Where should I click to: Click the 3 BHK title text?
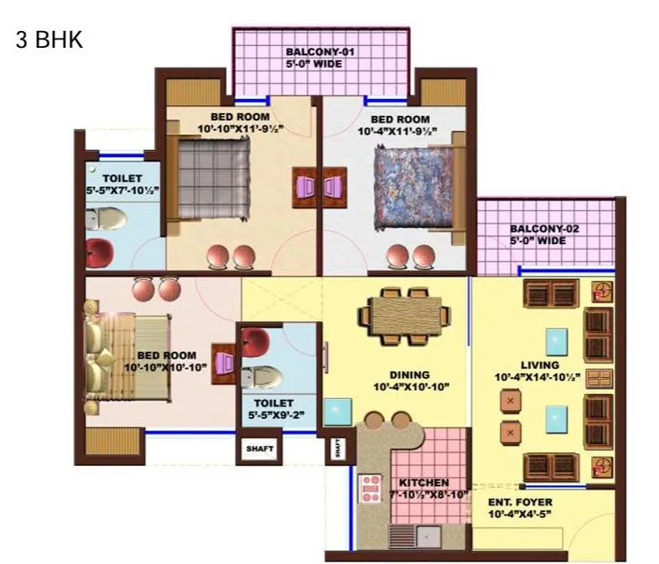[x=49, y=39]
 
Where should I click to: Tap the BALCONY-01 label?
[x=321, y=52]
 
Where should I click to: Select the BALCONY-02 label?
[x=544, y=229]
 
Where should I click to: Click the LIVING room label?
[x=538, y=365]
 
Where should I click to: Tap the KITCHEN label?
[x=424, y=484]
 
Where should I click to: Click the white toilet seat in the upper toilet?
[x=108, y=220]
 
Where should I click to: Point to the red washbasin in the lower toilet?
[x=255, y=341]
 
